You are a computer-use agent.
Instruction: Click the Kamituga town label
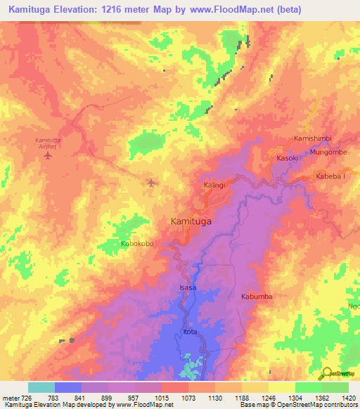tap(192, 221)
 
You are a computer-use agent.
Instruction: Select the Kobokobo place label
tap(137, 244)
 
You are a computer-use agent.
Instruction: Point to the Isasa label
tap(188, 289)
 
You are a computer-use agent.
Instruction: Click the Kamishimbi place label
tap(316, 138)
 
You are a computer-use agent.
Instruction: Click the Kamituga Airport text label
tap(49, 143)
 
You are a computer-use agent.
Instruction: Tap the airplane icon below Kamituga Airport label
tap(48, 155)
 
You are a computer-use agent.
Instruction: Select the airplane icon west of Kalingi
tap(152, 183)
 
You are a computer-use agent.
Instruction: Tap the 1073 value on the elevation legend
tap(189, 398)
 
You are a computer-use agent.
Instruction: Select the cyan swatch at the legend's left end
tap(41, 387)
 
